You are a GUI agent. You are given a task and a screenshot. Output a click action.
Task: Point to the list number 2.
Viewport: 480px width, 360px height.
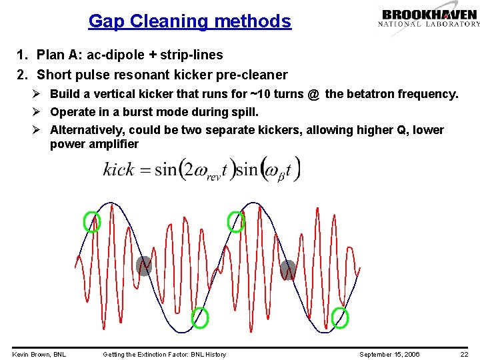pyautogui.click(x=21, y=75)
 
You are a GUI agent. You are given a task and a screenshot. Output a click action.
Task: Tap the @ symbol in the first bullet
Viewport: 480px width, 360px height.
pyautogui.click(x=313, y=94)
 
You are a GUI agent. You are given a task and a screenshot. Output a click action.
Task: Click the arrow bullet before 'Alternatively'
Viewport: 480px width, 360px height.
pyautogui.click(x=39, y=130)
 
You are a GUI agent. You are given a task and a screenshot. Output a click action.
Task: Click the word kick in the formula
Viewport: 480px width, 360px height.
pyautogui.click(x=119, y=169)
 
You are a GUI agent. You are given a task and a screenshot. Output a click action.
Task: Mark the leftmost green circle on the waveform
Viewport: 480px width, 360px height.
pyautogui.click(x=92, y=221)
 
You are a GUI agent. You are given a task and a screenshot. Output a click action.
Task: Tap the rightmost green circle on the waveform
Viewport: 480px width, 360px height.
pyautogui.click(x=340, y=318)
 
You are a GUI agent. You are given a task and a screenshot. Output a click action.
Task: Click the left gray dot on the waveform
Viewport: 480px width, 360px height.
pyautogui.click(x=144, y=266)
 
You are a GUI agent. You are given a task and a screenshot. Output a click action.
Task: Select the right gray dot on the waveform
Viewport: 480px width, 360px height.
pyautogui.click(x=288, y=269)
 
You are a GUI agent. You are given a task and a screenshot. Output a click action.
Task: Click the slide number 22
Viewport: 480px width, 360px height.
pyautogui.click(x=464, y=354)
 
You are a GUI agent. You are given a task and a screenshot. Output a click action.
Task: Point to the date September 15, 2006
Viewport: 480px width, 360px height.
pyautogui.click(x=389, y=354)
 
